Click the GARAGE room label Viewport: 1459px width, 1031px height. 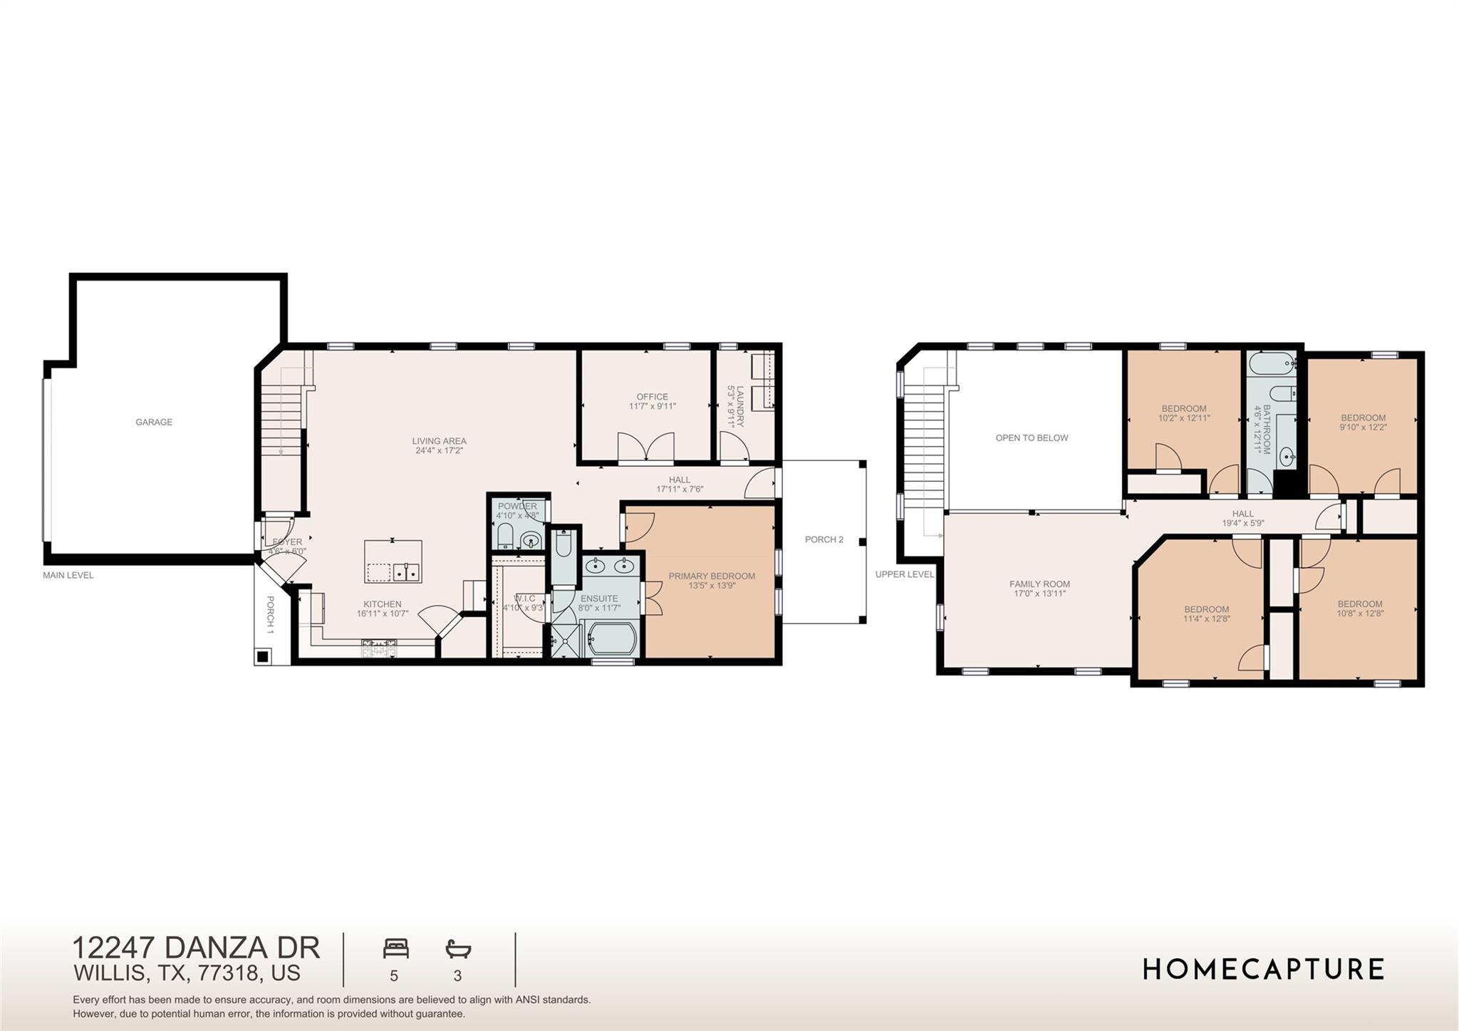tap(154, 422)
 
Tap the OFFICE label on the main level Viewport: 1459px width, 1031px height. tap(652, 397)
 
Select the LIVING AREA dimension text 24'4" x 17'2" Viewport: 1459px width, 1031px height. tap(439, 450)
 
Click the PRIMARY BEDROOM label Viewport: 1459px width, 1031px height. tap(711, 576)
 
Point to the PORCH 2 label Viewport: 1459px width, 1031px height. tap(824, 539)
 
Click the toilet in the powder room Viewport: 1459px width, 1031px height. tap(504, 537)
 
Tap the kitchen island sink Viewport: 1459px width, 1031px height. tap(406, 571)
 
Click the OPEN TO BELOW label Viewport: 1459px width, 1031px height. tap(1032, 437)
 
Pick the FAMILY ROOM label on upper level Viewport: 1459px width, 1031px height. tap(1039, 584)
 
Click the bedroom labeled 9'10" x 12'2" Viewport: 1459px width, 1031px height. tap(1363, 423)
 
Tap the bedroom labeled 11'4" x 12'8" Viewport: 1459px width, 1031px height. tap(1206, 613)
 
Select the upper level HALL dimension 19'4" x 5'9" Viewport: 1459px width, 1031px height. tap(1242, 523)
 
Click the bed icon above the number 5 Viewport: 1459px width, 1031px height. tap(395, 948)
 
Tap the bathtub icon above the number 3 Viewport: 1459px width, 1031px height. tap(458, 948)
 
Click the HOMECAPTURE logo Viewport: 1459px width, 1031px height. tap(1263, 969)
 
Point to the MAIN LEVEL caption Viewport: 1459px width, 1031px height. tap(68, 575)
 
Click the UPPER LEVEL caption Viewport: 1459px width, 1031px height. tap(904, 574)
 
